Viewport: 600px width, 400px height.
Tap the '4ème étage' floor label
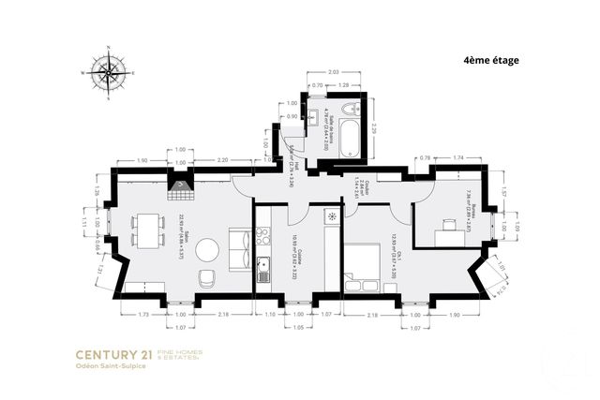coord(490,60)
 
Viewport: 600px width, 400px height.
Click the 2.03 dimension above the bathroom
coord(335,71)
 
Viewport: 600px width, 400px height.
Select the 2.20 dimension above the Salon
coord(222,161)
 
